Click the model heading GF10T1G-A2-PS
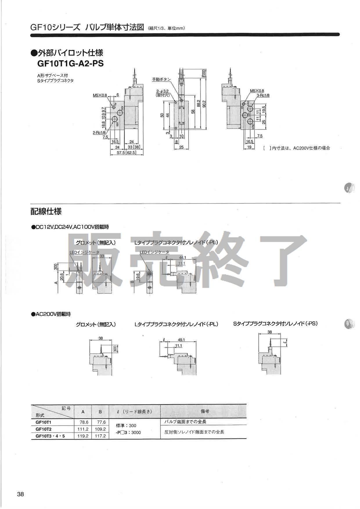(x=71, y=63)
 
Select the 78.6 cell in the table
(x=83, y=422)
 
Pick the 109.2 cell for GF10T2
(x=100, y=429)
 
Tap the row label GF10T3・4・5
(x=50, y=436)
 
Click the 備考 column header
(x=204, y=411)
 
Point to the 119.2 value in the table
(x=83, y=436)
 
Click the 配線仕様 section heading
(x=46, y=211)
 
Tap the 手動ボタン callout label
(x=161, y=79)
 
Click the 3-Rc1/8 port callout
(x=263, y=95)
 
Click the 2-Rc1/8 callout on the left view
(x=99, y=132)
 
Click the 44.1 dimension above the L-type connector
(x=183, y=258)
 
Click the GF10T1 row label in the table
(x=43, y=422)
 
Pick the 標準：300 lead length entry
(x=126, y=426)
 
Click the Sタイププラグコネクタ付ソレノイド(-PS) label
(x=275, y=323)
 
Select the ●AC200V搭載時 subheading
(x=51, y=314)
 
